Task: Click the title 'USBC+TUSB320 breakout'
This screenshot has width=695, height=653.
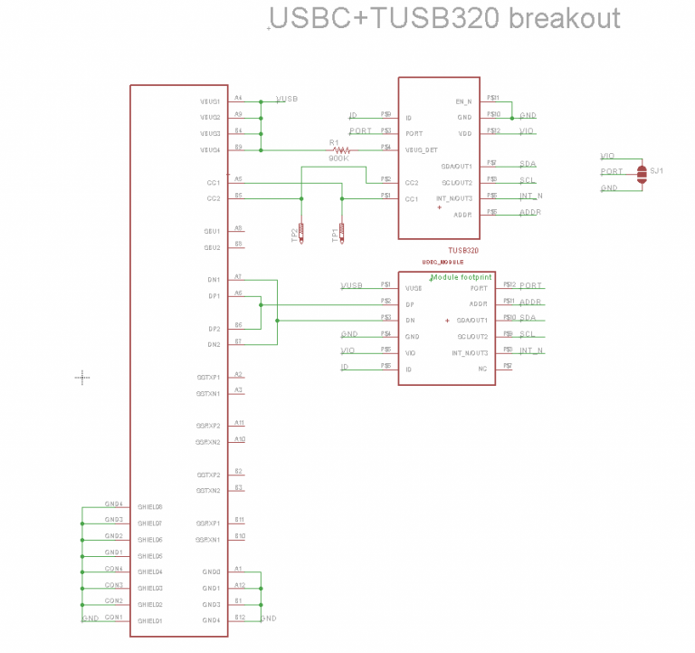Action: pos(445,19)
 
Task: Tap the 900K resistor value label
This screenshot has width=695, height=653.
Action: pos(338,158)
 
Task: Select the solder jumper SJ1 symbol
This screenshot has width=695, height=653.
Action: pos(642,174)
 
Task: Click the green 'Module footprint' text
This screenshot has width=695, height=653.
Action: pos(462,277)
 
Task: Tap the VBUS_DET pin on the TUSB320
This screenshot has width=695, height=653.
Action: pos(421,149)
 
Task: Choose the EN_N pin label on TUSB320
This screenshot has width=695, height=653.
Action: pos(464,101)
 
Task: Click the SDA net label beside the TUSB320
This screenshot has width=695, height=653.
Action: pos(528,165)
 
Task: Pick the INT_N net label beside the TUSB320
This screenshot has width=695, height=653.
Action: pos(531,197)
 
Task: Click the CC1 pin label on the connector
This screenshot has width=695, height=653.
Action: pos(213,182)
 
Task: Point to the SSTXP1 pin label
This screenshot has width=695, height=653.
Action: pos(208,377)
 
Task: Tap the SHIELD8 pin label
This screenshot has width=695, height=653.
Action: pos(150,507)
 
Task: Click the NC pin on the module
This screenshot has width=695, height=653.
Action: pos(482,369)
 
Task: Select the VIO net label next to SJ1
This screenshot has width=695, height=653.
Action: pos(607,156)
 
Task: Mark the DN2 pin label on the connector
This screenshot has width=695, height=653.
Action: pos(213,344)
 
